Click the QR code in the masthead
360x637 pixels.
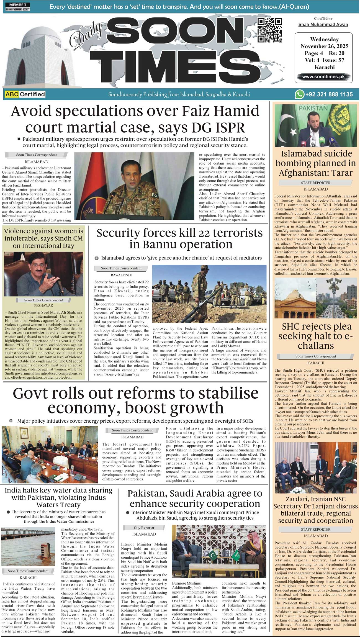[269, 30]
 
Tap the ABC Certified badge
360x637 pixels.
[25, 94]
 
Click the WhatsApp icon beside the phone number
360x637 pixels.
[299, 94]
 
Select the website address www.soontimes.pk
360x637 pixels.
[323, 77]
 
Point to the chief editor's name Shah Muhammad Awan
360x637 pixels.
[323, 25]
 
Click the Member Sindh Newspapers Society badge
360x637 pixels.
[17, 7]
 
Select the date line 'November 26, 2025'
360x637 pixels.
[325, 46]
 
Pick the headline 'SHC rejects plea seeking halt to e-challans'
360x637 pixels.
[316, 336]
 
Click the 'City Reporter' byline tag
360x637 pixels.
[144, 528]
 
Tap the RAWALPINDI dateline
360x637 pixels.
[121, 275]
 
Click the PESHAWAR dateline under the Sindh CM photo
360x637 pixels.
[43, 305]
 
